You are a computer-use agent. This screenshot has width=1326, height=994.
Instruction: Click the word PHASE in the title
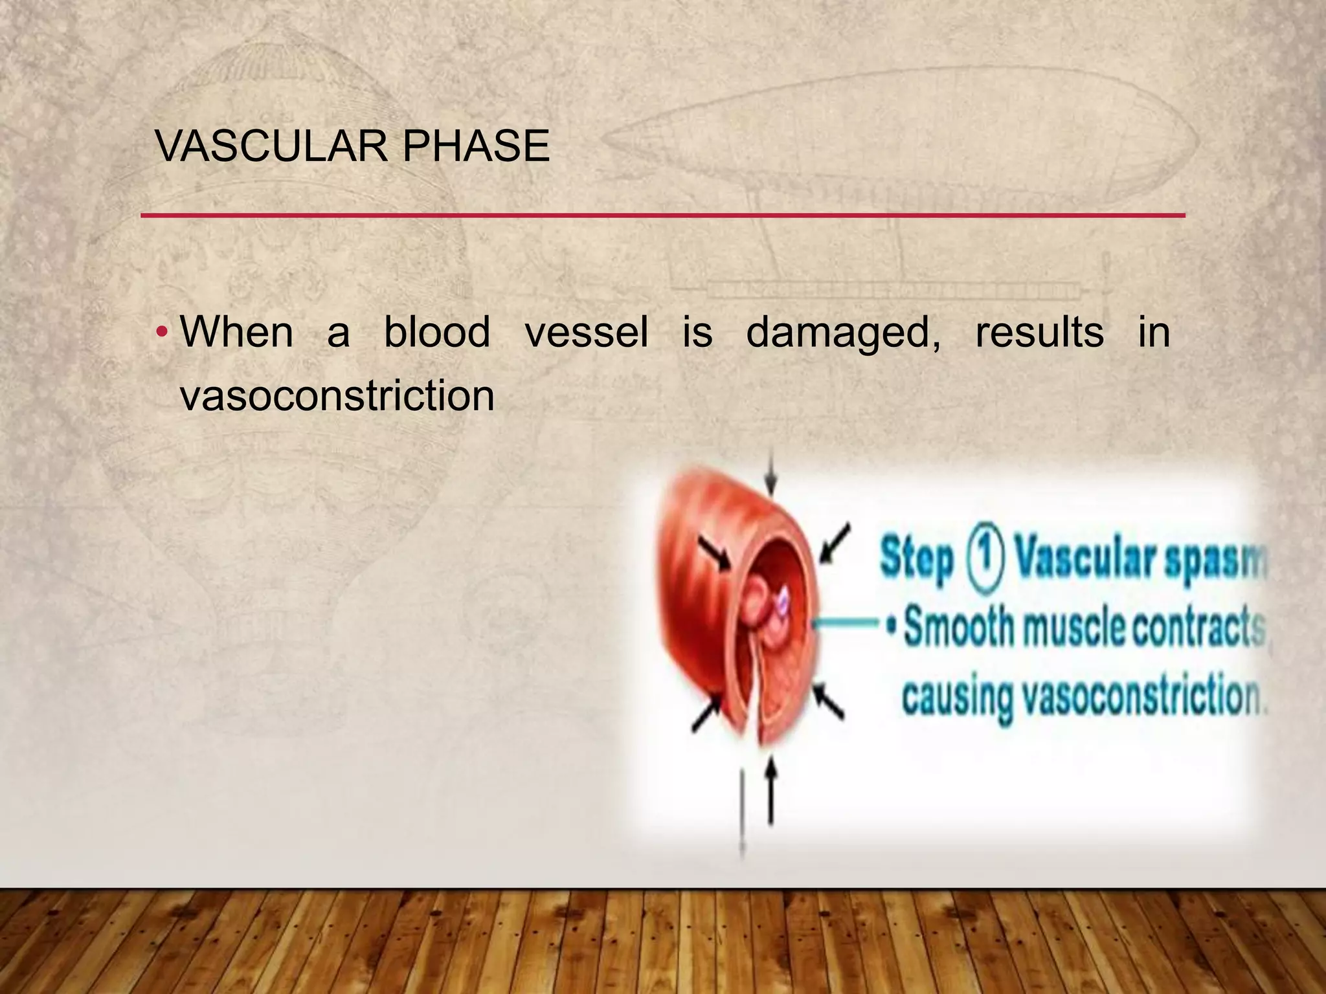point(476,146)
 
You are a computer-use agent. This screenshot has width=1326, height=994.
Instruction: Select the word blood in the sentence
point(437,333)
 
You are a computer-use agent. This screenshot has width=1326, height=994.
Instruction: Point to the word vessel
point(586,333)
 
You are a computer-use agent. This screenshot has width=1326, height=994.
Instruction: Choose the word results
point(1039,333)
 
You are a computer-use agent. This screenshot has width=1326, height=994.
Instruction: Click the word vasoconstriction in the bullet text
point(337,395)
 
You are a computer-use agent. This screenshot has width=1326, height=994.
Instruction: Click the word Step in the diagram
point(917,559)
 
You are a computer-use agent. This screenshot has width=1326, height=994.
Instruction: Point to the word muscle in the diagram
point(1075,628)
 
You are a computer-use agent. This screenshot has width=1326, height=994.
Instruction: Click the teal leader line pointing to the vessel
point(848,623)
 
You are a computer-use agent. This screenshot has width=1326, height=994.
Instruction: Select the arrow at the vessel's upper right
point(835,544)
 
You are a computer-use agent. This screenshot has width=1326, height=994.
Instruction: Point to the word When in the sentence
point(237,333)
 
